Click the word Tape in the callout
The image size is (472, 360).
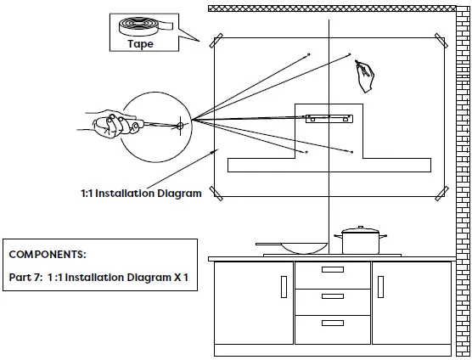(141, 44)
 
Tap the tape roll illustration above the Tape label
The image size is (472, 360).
(142, 27)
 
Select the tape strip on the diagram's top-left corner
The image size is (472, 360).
(216, 40)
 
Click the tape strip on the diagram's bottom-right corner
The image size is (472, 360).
(439, 194)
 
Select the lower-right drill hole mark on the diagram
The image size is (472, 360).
(351, 152)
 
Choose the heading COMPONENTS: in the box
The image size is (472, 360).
(48, 254)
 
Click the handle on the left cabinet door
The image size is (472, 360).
(284, 286)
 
